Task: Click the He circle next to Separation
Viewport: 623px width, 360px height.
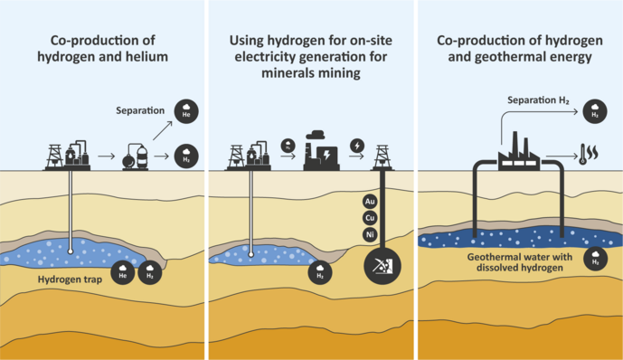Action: click(185, 112)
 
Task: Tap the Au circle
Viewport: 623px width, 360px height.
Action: click(369, 201)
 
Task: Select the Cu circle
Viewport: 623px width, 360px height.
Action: click(369, 218)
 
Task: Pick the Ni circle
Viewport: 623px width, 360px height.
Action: click(369, 235)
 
